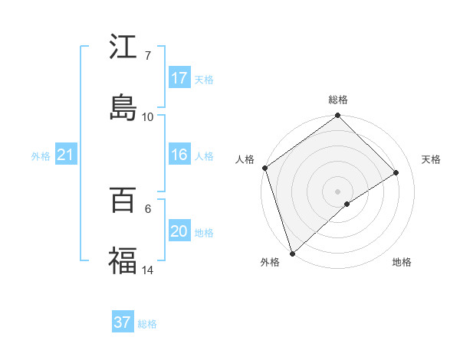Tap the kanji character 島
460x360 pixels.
pyautogui.click(x=123, y=106)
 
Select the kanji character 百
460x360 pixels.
pyautogui.click(x=123, y=201)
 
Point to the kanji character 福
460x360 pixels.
pyautogui.click(x=123, y=260)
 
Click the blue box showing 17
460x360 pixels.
pyautogui.click(x=179, y=78)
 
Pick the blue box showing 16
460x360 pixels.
pyautogui.click(x=179, y=155)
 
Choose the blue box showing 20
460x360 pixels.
pyautogui.click(x=179, y=232)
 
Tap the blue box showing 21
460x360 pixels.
pyautogui.click(x=65, y=155)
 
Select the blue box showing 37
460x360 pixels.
pyautogui.click(x=123, y=322)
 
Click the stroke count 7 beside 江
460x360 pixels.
pyautogui.click(x=147, y=56)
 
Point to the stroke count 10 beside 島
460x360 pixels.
pyautogui.click(x=148, y=116)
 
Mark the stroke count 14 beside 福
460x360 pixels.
pyautogui.click(x=148, y=270)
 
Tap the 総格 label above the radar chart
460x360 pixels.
pyautogui.click(x=338, y=100)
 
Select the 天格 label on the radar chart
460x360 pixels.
pyautogui.click(x=431, y=159)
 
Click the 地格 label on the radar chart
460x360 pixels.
pyautogui.click(x=402, y=263)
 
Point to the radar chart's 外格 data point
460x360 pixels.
pyautogui.click(x=292, y=253)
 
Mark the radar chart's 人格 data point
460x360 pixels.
pyautogui.click(x=264, y=168)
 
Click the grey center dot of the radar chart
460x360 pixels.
pyautogui.click(x=337, y=191)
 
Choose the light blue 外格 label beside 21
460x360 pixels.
pyautogui.click(x=41, y=156)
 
